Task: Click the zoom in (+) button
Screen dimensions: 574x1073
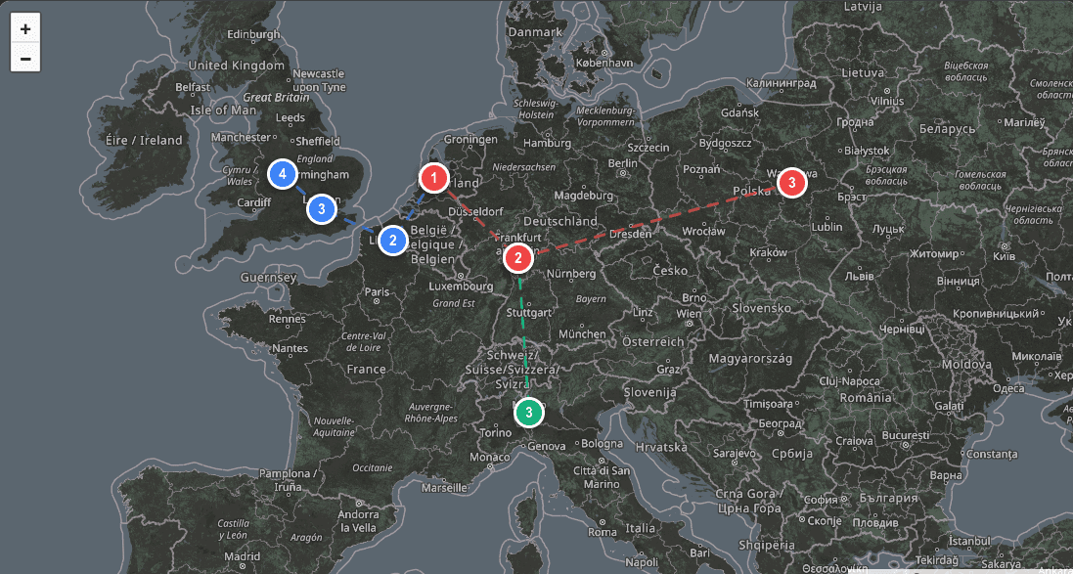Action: [x=25, y=28]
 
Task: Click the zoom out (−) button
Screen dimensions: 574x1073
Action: [x=25, y=58]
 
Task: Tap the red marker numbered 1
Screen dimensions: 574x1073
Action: [x=433, y=178]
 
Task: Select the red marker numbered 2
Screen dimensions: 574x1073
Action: [x=518, y=259]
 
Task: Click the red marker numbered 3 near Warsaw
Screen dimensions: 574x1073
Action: [x=791, y=183]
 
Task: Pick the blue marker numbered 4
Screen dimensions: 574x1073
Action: [x=283, y=174]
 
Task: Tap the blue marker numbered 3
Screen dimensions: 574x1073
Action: [x=321, y=208]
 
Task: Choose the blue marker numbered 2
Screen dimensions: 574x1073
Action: [x=393, y=241]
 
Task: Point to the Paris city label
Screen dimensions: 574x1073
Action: [x=377, y=291]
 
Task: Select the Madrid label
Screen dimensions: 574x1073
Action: [x=242, y=556]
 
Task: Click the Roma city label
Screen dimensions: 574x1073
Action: [x=603, y=532]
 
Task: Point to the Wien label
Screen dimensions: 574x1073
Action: [x=689, y=314]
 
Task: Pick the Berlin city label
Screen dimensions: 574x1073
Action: [x=623, y=163]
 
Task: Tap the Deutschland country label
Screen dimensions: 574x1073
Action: [x=559, y=221]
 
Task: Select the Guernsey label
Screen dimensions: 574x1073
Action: [x=268, y=278]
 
